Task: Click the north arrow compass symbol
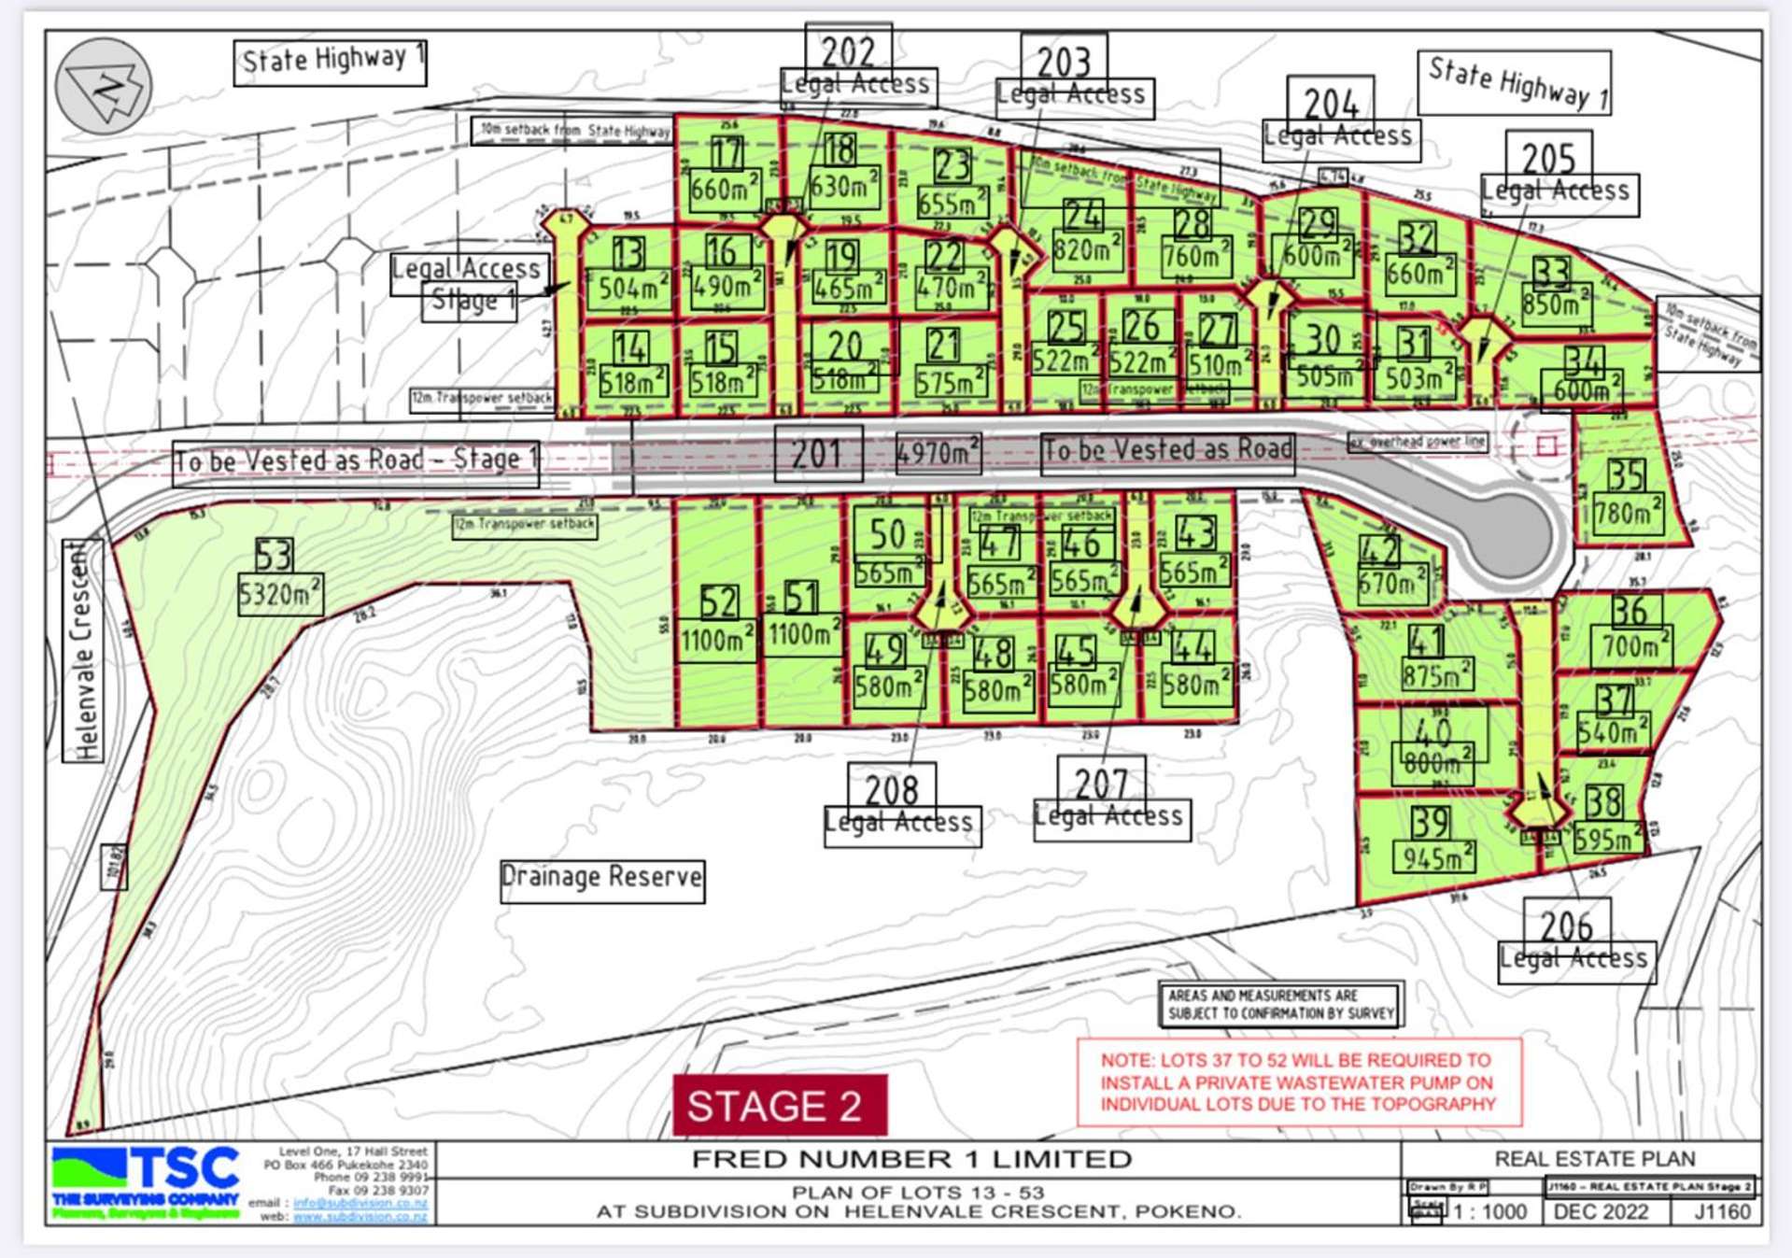(x=104, y=87)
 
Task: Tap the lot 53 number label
(x=274, y=556)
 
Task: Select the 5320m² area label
(x=280, y=594)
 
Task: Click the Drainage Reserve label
(x=602, y=878)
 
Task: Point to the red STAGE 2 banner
(x=779, y=1106)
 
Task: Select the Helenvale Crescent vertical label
(x=83, y=650)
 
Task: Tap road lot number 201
(x=818, y=454)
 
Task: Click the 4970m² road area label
(x=938, y=453)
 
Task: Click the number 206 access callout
(x=1566, y=926)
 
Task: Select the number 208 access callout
(x=891, y=790)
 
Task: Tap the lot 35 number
(x=1626, y=475)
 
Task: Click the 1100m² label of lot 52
(x=716, y=641)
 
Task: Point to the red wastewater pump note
(x=1298, y=1082)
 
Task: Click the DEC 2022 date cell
(x=1600, y=1211)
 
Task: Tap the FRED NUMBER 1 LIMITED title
(x=911, y=1159)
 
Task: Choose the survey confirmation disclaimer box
(x=1280, y=1004)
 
